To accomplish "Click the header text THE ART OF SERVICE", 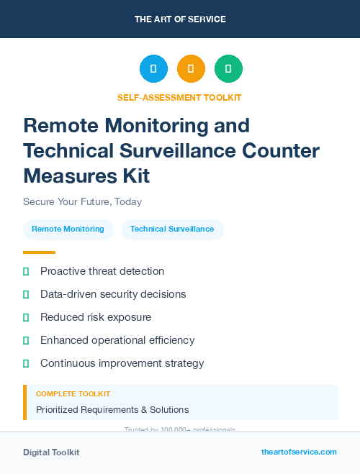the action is (180, 19).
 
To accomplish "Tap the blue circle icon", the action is (153, 69).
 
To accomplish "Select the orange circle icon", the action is (191, 69).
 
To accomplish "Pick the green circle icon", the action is (228, 69).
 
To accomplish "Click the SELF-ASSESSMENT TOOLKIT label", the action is (179, 98).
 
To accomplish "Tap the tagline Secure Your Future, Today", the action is (82, 201).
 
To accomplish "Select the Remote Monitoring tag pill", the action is (68, 229).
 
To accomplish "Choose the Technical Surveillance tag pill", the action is (172, 229).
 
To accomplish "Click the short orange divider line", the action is (39, 252).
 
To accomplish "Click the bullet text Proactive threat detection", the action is (102, 271).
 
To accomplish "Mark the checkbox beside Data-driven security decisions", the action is (26, 294).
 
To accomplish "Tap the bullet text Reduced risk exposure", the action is (96, 317).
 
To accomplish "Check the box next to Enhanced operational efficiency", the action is (26, 340).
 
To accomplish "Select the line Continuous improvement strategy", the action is (122, 363).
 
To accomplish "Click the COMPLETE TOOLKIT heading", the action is (73, 394).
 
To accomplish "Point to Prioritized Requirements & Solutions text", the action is (112, 410).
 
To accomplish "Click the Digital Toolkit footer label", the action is (51, 452).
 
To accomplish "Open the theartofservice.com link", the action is (299, 452).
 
